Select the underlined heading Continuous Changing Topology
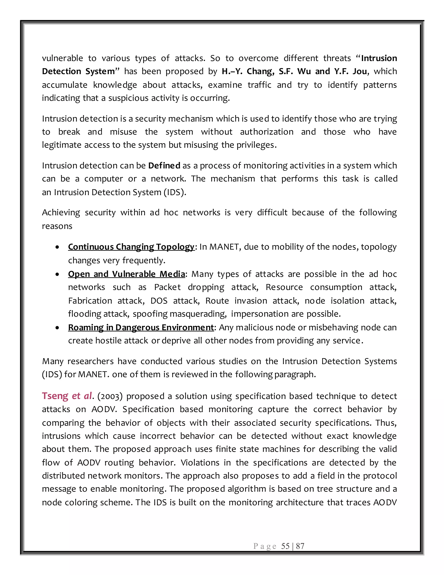(x=131, y=247)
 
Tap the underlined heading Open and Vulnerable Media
(x=126, y=274)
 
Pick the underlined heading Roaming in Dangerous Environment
(x=141, y=327)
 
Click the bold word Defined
(x=164, y=166)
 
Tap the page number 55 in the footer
(x=285, y=546)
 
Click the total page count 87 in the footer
(x=300, y=546)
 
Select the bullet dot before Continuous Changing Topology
(x=57, y=247)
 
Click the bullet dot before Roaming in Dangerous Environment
(x=57, y=328)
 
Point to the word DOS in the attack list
(x=159, y=301)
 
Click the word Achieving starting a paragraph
(x=61, y=212)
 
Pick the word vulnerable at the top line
(x=62, y=58)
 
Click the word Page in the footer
(x=265, y=546)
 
